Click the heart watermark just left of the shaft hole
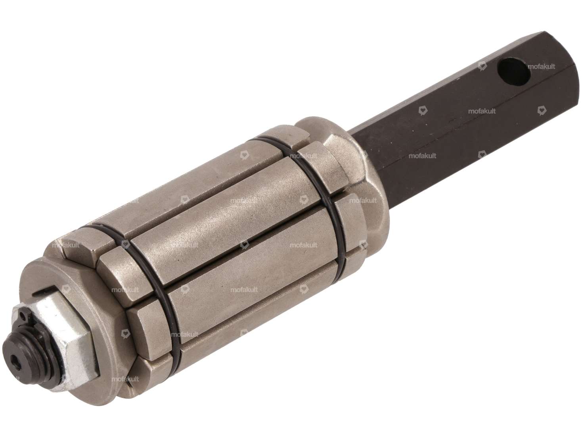click(x=482, y=66)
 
